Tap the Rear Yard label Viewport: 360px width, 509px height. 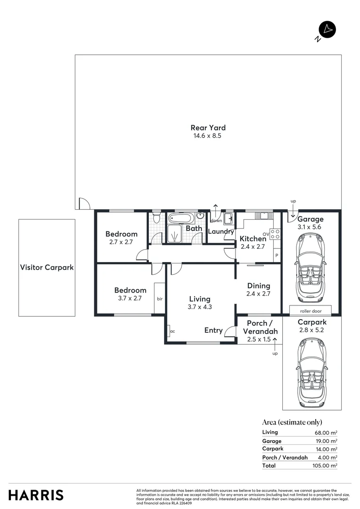(x=208, y=127)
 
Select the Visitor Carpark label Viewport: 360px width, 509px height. (x=47, y=267)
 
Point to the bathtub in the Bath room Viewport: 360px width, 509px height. (x=180, y=219)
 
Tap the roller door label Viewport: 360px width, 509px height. (x=310, y=311)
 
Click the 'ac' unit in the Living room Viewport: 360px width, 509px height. (x=172, y=331)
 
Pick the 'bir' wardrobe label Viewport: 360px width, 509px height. (x=160, y=298)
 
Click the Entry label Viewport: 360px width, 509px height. (x=213, y=330)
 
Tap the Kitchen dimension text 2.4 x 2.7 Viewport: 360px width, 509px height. (x=253, y=246)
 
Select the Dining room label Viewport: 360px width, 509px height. (x=258, y=286)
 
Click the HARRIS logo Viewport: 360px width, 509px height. (x=36, y=495)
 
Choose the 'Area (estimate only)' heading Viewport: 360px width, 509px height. (x=292, y=422)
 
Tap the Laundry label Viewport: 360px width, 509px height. (x=221, y=231)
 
